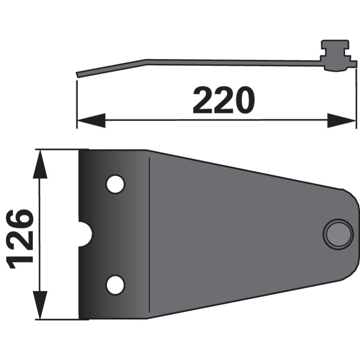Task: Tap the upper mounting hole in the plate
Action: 115,184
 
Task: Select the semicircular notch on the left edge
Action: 85,234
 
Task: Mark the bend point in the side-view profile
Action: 145,61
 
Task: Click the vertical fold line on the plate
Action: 149,234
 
